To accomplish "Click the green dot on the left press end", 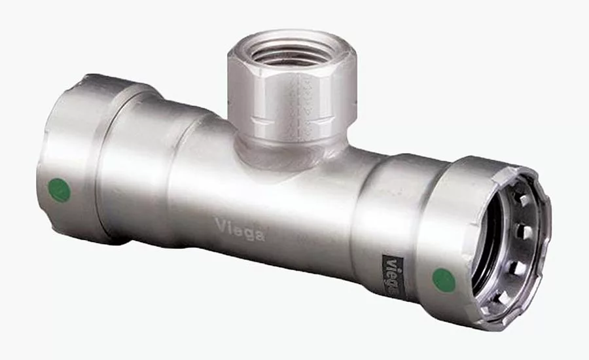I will point(60,190).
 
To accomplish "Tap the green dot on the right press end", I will point(444,280).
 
